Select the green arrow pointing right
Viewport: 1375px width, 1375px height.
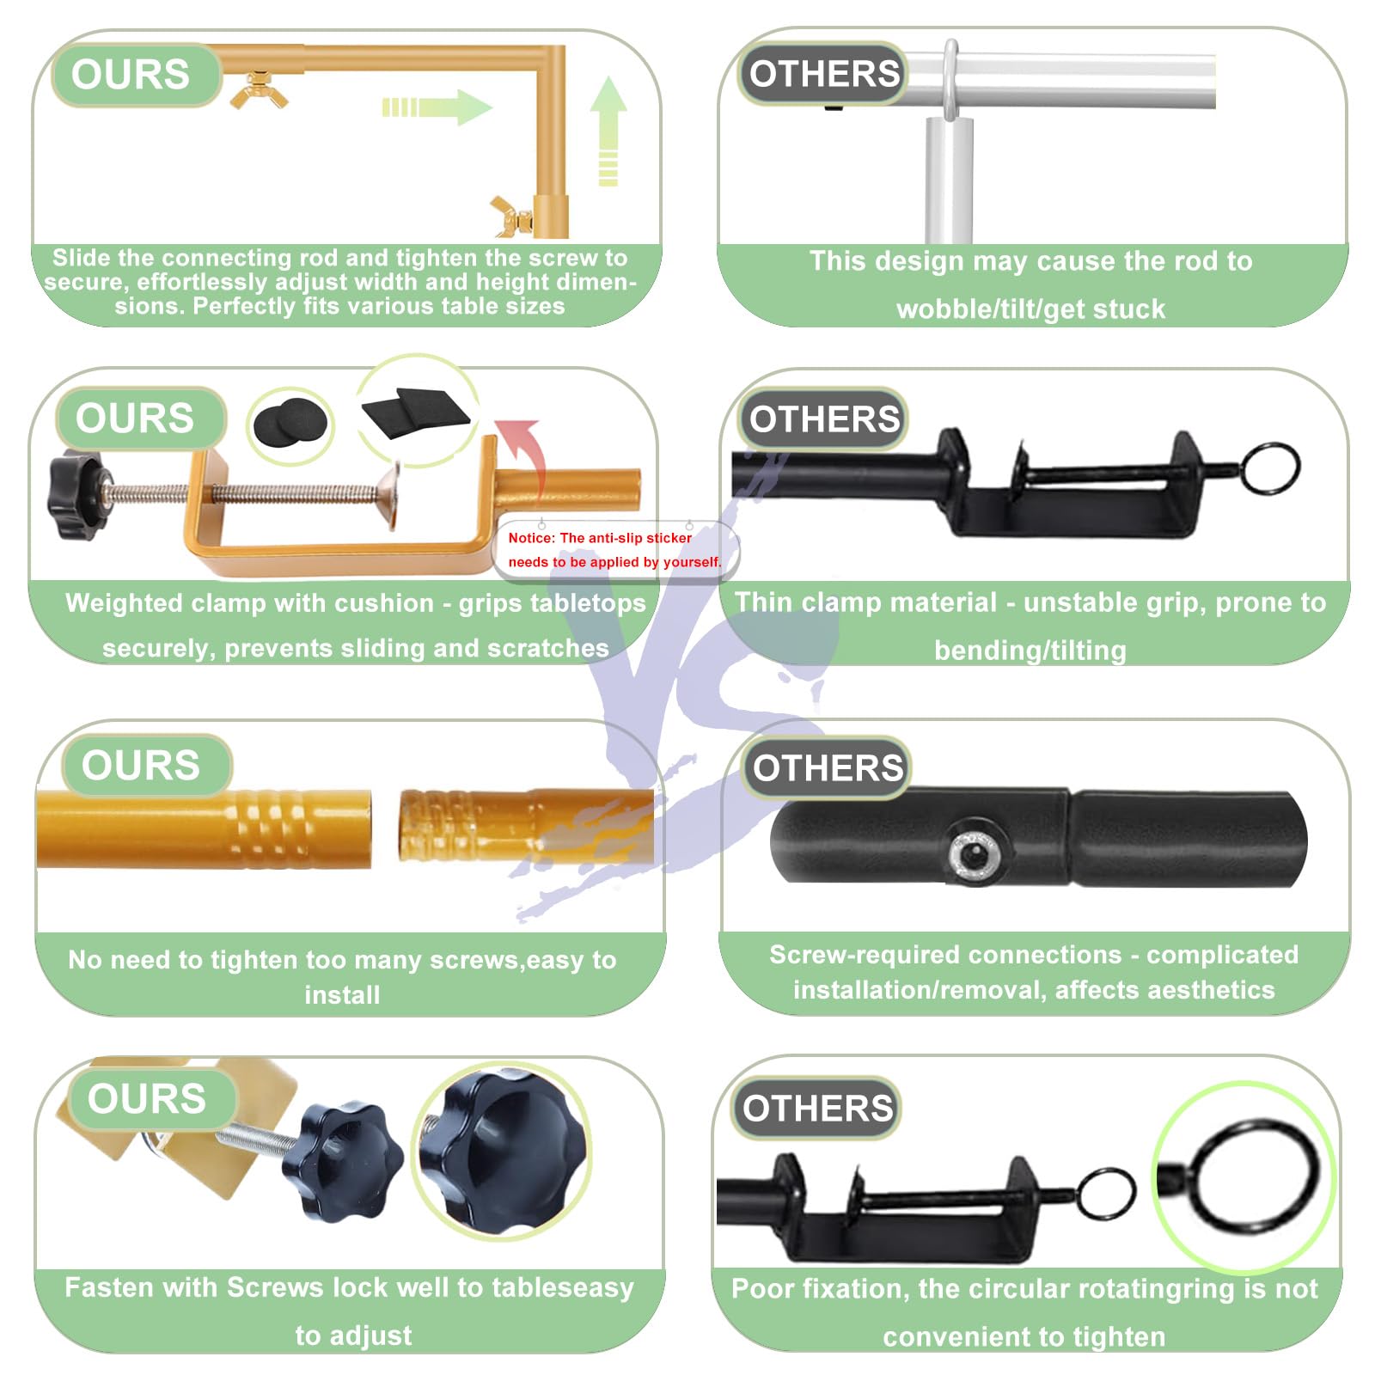pos(437,107)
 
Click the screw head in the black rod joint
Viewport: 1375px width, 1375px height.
pos(974,855)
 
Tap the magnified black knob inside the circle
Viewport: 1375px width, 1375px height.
pos(504,1152)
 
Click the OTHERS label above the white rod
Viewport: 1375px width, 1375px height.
pos(824,74)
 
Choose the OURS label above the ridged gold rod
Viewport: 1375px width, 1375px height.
pos(141,765)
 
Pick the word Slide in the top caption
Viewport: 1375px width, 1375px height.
pos(82,257)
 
